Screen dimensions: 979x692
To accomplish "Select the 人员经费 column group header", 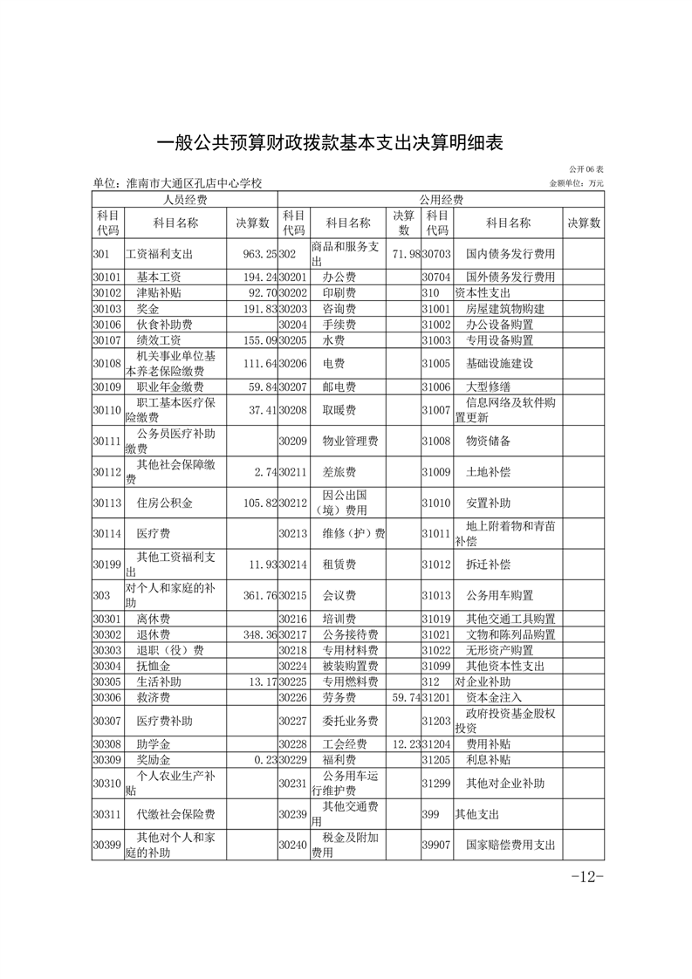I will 184,199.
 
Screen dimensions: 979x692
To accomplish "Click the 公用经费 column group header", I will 441,199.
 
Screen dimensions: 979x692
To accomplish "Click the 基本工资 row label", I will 159,277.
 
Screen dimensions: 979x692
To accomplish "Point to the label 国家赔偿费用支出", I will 510,845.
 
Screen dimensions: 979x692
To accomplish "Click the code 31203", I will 435,722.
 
